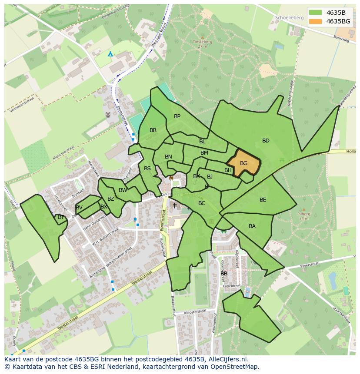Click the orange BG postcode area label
243,163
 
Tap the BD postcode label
266,141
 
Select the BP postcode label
177,116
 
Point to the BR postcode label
153,130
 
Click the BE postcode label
263,200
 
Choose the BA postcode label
252,226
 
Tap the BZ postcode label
111,199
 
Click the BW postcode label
123,190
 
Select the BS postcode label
147,169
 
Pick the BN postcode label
168,157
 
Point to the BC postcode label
202,203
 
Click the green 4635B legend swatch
316,13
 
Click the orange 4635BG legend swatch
316,21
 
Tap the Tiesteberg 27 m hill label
202,43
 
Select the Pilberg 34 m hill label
303,216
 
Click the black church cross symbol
174,205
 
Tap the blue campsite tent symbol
110,53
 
